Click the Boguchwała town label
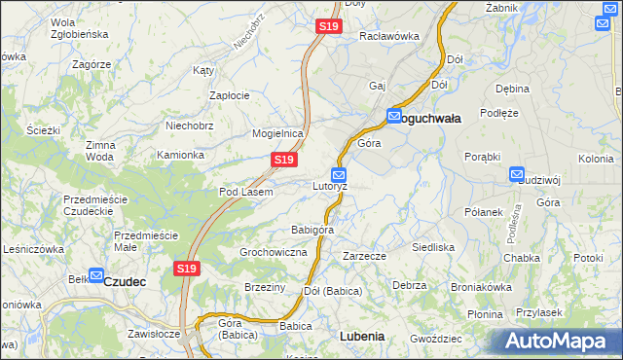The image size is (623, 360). coord(432,117)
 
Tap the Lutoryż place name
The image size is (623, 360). coord(330,185)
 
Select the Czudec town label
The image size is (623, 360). coord(125,281)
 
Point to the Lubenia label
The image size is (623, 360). coord(362,336)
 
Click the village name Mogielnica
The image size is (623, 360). coord(278,133)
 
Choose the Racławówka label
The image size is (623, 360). coord(389,36)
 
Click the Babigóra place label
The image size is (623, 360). coord(312,230)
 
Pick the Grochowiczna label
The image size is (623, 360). coord(274,252)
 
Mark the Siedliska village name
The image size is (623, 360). coord(433,247)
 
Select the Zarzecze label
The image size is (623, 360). coord(365,256)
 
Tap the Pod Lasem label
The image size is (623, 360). coord(245,192)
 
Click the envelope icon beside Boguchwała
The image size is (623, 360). coord(394,116)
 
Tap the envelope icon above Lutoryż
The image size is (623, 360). coord(338,174)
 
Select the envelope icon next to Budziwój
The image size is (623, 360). coord(516,174)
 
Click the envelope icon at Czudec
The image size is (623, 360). coord(95,275)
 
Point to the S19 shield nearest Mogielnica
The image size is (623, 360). coord(283,159)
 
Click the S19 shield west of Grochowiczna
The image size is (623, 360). coord(188,268)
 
